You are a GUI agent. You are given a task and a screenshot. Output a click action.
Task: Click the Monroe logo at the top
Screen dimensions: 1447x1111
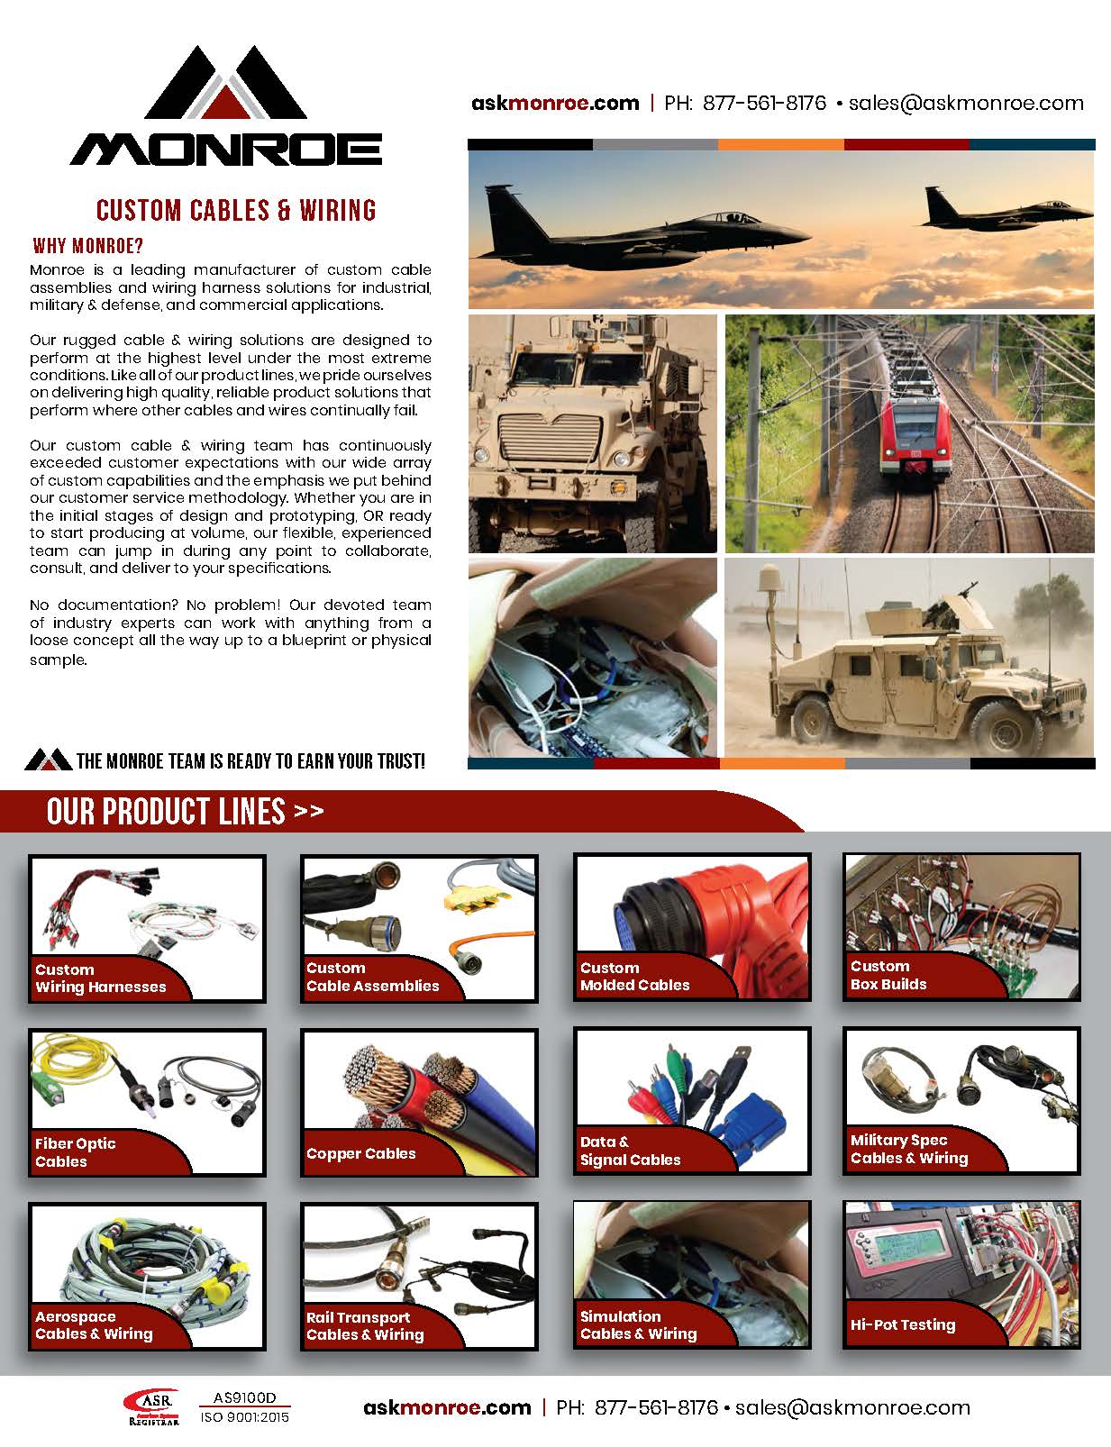(225, 108)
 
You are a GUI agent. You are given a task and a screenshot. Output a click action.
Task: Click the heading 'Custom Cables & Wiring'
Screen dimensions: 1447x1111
(236, 210)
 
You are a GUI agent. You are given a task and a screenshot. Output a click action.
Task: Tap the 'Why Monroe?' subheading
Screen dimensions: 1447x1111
(88, 246)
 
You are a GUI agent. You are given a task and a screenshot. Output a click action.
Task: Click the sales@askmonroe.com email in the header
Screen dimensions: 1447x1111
(966, 103)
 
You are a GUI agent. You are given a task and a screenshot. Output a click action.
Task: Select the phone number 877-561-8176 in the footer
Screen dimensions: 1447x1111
(656, 1407)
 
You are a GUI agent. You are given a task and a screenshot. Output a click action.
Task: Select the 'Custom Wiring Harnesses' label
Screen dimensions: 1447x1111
(100, 978)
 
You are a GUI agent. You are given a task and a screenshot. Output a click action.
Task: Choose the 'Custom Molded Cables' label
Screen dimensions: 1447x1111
(634, 977)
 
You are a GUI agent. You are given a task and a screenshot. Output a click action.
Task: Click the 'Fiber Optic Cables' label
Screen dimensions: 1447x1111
(75, 1152)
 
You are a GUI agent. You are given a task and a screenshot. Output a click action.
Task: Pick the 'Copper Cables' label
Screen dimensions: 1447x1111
(360, 1153)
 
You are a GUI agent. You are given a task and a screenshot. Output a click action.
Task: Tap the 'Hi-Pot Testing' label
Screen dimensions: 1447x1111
(902, 1324)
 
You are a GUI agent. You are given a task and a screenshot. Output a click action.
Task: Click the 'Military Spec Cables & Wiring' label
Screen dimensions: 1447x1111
(908, 1149)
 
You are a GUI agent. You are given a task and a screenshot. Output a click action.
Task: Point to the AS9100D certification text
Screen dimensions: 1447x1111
(244, 1398)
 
